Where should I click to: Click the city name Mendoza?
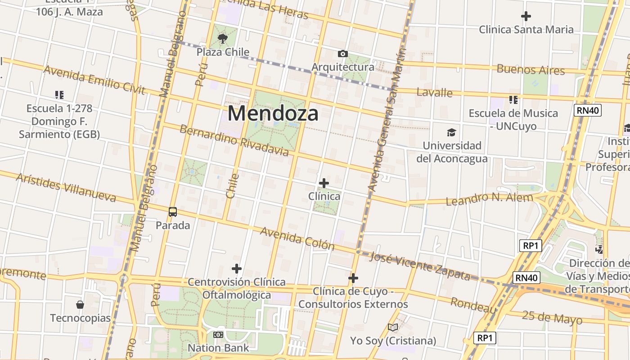[273, 113]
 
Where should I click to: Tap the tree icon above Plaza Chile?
[222, 39]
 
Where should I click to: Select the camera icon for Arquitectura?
[342, 54]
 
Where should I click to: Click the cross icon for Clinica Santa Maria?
[526, 17]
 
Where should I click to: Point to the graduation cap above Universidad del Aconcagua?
[451, 132]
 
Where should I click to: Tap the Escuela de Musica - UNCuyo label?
[513, 120]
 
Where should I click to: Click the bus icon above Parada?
[173, 212]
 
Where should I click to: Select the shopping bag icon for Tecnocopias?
[80, 305]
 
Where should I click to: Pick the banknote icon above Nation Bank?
[218, 335]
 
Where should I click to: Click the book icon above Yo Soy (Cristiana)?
[393, 328]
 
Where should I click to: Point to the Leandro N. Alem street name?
[489, 198]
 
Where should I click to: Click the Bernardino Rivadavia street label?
[234, 140]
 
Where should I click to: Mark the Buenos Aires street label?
[531, 70]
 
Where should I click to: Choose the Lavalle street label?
[434, 93]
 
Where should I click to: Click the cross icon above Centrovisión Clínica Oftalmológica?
[237, 269]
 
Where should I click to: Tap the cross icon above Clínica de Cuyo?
[353, 278]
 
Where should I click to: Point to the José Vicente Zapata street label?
[420, 266]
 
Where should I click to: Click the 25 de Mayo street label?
[552, 318]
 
